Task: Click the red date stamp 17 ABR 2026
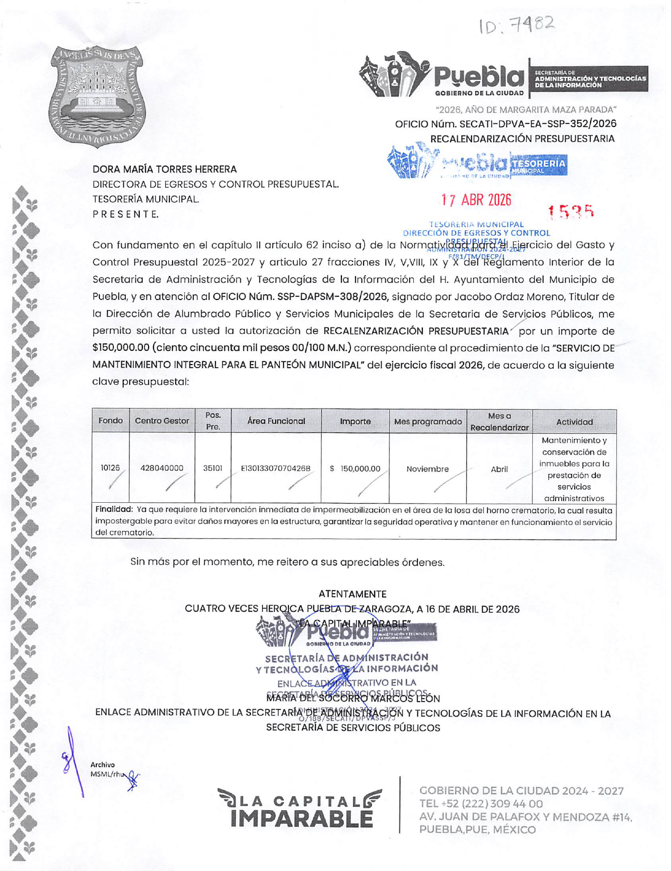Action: click(476, 200)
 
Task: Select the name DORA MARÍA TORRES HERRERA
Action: click(165, 169)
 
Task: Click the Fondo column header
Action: click(111, 421)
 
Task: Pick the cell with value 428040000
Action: click(162, 468)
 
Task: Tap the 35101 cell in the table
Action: click(213, 468)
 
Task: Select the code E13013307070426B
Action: click(276, 468)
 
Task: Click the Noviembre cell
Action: click(428, 469)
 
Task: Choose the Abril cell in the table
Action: click(499, 469)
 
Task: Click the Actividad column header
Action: click(574, 422)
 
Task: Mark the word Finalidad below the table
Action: click(114, 510)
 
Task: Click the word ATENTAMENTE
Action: click(352, 594)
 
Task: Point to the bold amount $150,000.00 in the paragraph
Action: click(121, 348)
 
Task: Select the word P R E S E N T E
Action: click(125, 214)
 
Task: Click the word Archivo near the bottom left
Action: click(102, 765)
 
